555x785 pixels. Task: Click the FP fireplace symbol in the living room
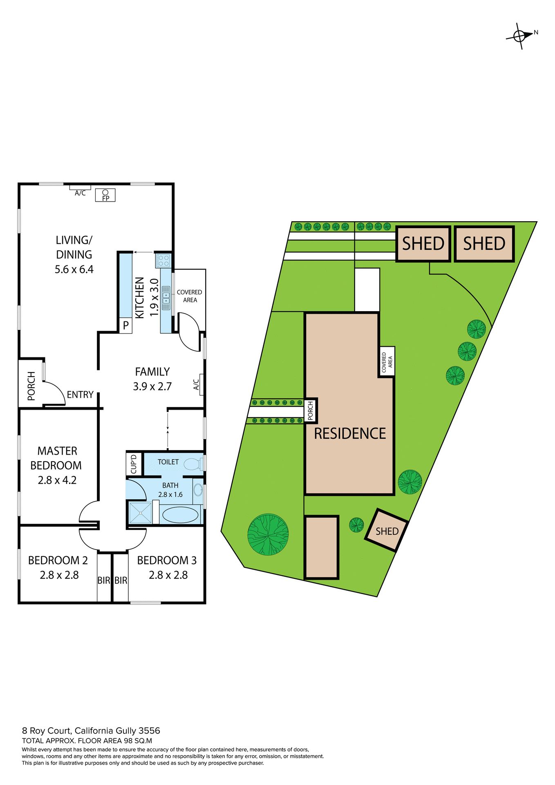tap(105, 195)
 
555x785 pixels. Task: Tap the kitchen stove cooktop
tap(163, 260)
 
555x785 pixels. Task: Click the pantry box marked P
tap(126, 326)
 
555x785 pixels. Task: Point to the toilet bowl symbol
tap(192, 464)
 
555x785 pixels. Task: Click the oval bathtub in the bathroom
tap(180, 515)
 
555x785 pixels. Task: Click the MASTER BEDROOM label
tap(56, 458)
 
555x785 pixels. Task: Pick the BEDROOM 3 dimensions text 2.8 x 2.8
tap(168, 575)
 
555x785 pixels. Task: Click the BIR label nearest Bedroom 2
tap(104, 580)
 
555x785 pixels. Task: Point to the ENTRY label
tap(80, 395)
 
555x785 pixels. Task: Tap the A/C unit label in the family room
tap(197, 384)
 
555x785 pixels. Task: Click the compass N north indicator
tap(536, 32)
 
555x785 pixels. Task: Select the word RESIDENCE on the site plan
tap(350, 433)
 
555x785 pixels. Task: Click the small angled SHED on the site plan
tap(387, 531)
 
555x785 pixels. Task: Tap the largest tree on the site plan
tap(268, 534)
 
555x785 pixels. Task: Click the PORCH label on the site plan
tap(311, 410)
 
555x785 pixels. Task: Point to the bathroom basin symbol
tap(198, 490)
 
